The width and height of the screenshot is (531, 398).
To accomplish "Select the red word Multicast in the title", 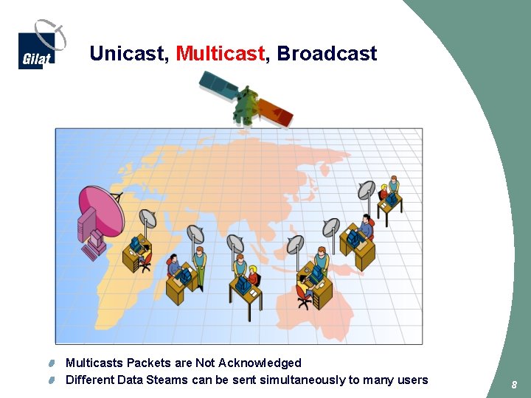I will [220, 54].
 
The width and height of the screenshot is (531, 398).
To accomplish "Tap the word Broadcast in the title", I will [327, 54].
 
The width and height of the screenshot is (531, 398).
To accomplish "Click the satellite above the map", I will [246, 102].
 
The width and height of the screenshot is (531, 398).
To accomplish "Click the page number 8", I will [515, 385].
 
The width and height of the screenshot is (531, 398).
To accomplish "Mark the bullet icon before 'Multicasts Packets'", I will [52, 363].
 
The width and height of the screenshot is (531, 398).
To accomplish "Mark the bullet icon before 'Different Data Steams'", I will [52, 380].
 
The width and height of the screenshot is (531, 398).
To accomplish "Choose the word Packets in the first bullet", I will [148, 363].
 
